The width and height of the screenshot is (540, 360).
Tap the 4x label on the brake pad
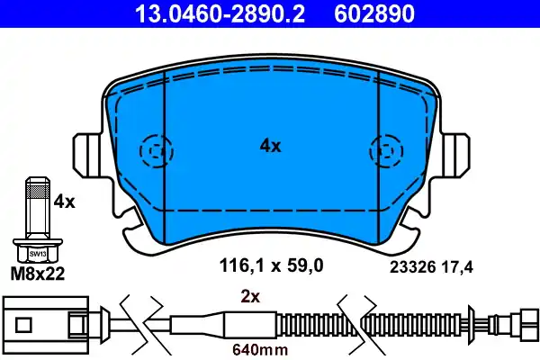coord(270,145)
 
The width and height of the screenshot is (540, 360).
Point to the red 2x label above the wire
coord(250,295)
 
